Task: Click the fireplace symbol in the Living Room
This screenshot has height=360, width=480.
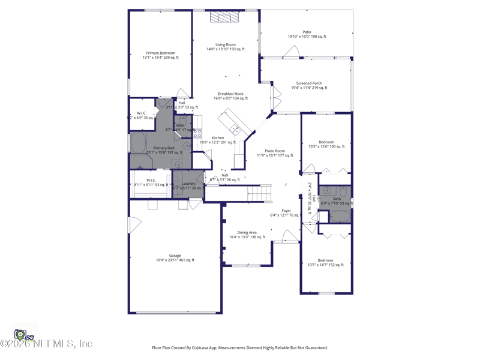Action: click(224, 17)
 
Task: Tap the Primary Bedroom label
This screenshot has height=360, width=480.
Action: click(160, 53)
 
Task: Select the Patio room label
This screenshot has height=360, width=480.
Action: click(307, 32)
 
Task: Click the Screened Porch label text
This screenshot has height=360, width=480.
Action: click(309, 83)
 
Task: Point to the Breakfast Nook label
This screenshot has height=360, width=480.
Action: click(230, 94)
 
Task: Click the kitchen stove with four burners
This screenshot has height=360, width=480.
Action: click(197, 133)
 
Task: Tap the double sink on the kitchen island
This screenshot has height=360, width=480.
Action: click(235, 129)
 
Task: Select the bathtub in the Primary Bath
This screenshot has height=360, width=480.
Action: click(138, 144)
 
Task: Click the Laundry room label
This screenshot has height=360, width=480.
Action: click(189, 184)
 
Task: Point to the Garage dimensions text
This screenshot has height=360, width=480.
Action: click(175, 260)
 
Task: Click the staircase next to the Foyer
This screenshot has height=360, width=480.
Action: click(260, 193)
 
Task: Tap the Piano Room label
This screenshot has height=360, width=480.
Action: click(275, 151)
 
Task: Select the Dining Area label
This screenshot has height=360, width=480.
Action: click(247, 233)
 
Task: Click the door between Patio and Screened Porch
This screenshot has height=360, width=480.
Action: click(291, 53)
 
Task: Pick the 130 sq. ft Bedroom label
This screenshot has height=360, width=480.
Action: click(326, 142)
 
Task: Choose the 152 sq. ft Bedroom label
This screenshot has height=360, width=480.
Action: click(325, 260)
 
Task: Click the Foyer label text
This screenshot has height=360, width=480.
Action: click(286, 211)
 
